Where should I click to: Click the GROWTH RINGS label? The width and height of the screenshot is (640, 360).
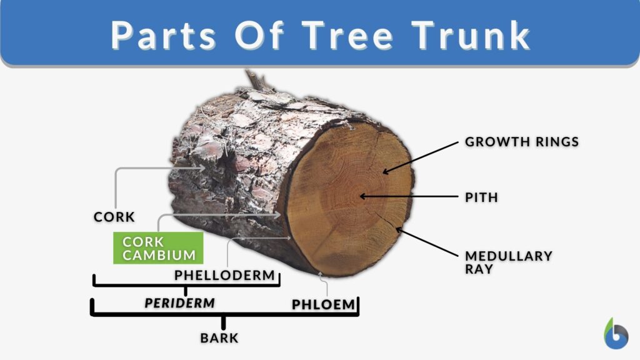click(521, 142)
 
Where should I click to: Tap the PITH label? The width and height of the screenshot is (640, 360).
click(481, 197)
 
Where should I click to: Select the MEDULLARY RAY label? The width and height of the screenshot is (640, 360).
click(508, 262)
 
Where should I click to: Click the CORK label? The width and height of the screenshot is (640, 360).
click(114, 217)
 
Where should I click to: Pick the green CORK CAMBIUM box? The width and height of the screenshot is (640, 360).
click(158, 248)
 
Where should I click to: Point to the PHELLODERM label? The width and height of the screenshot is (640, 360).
click(224, 275)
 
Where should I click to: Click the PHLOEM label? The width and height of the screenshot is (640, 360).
click(323, 304)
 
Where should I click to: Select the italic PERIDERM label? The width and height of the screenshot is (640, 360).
click(179, 302)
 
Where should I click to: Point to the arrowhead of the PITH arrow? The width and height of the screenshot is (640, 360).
click(362, 197)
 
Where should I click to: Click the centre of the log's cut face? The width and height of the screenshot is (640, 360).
click(350, 197)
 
